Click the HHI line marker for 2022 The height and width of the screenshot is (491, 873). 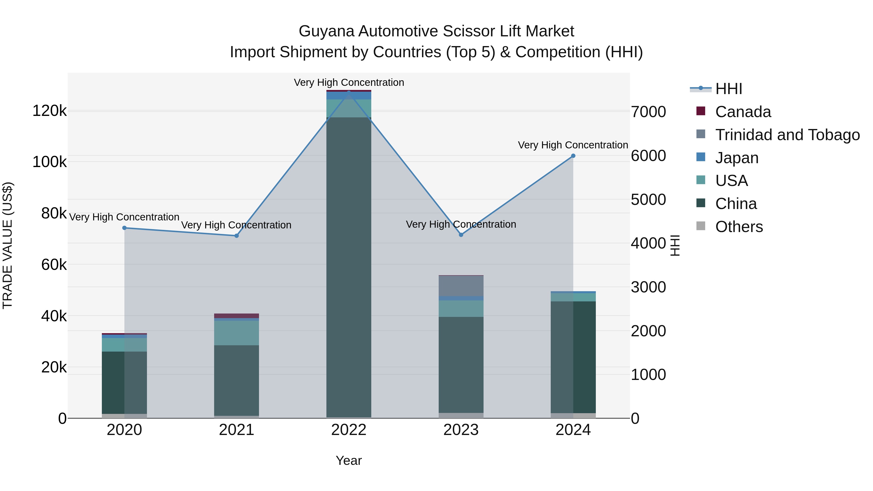349,92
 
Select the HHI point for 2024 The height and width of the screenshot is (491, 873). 573,156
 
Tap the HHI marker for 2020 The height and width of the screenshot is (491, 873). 124,228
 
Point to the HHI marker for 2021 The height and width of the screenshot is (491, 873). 236,236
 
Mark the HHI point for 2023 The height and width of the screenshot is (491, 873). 461,235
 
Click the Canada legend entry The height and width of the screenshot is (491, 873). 743,112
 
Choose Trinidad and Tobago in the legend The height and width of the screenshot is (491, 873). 787,135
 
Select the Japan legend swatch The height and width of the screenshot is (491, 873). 701,157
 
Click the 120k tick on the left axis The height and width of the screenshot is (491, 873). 49,111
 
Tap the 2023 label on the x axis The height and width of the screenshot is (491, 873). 461,430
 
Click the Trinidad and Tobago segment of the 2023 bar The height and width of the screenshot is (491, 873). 461,286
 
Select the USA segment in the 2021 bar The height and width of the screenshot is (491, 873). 236,333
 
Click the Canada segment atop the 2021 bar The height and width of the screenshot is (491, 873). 236,316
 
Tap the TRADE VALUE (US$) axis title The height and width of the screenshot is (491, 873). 8,245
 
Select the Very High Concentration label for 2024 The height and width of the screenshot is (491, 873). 573,145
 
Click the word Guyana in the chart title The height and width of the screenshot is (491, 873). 326,31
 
